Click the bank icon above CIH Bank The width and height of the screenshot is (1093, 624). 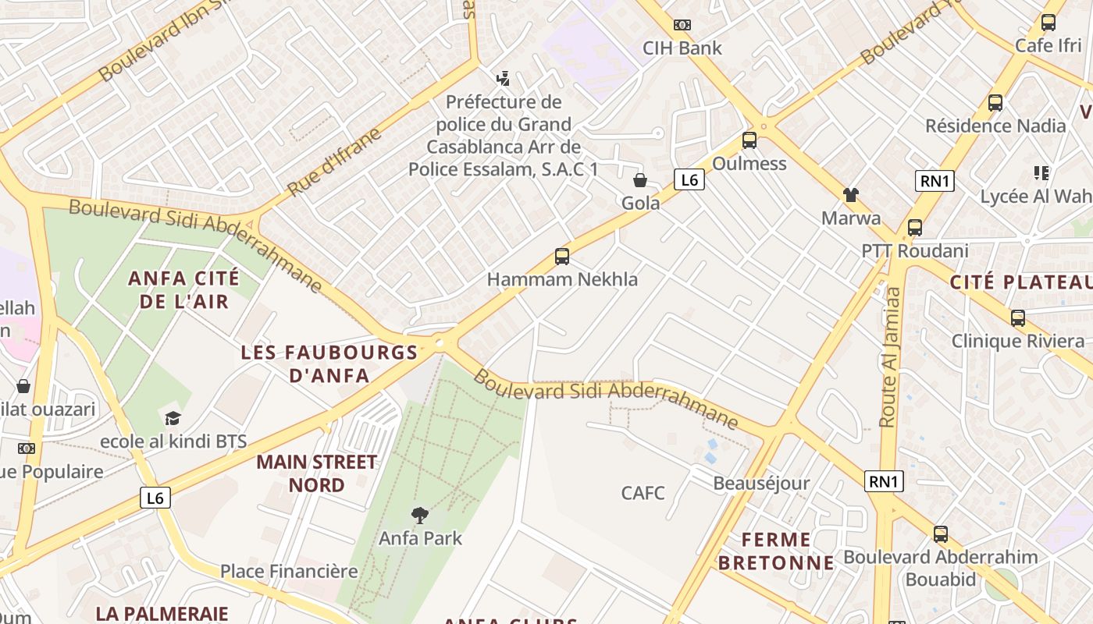[682, 25]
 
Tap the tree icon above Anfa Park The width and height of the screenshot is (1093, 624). [420, 515]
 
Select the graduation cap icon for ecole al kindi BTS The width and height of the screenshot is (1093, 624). [173, 418]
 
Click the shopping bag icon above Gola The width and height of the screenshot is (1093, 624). [640, 180]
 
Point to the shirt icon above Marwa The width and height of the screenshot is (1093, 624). [850, 195]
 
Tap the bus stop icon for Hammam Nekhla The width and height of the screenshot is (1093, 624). [561, 256]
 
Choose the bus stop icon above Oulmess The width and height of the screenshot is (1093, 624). [749, 140]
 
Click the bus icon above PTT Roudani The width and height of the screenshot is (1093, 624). [914, 228]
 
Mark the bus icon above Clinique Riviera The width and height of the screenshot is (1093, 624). [1017, 318]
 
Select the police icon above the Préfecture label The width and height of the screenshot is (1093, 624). [504, 78]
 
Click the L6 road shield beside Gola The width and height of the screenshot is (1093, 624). [689, 180]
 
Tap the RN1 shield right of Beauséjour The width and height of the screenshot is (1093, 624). [884, 481]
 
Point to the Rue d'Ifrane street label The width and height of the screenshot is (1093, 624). [334, 161]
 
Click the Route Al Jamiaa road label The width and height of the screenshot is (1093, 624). [890, 357]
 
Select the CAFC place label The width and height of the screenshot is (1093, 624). [643, 493]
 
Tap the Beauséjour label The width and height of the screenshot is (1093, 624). [761, 484]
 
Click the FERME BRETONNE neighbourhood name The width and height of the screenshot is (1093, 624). [776, 551]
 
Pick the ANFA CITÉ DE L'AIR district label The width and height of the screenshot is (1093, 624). [184, 289]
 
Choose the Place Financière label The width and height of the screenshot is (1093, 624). [289, 571]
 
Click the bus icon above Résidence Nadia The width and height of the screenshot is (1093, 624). [995, 102]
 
